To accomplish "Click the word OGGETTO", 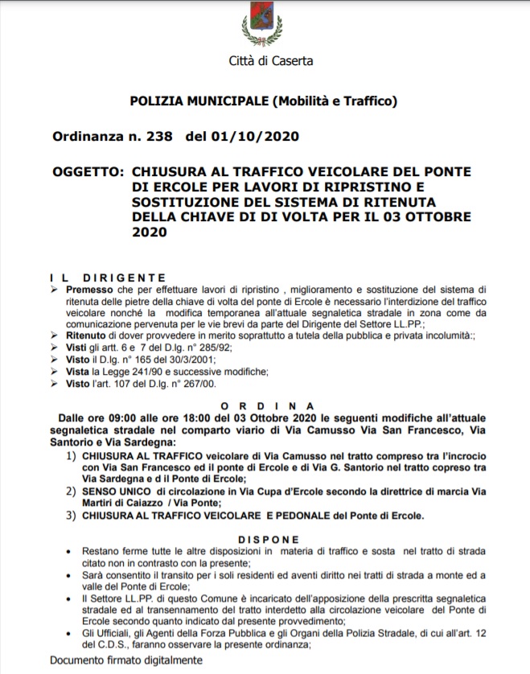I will (86, 171).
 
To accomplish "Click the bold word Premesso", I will (89, 288).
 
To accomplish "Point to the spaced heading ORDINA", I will (268, 405).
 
